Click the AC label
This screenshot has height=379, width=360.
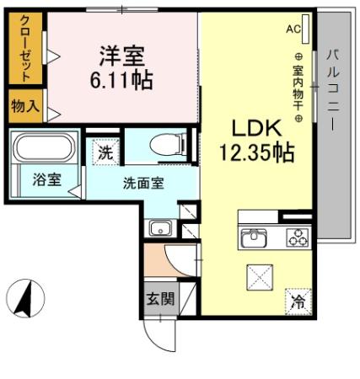point(293,29)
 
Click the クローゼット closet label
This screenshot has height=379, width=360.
point(25,49)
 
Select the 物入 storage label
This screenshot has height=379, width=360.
point(24,106)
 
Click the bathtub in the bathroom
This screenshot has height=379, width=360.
point(44,150)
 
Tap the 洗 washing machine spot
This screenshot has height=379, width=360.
point(104,153)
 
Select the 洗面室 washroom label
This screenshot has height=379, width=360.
point(144,183)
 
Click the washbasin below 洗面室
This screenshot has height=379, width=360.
point(159,227)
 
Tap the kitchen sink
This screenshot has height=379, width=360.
point(253,238)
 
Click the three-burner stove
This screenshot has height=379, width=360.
point(297,238)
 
